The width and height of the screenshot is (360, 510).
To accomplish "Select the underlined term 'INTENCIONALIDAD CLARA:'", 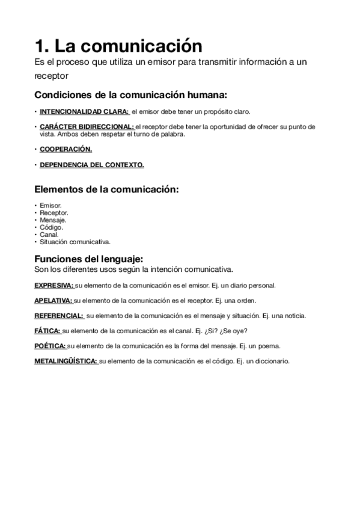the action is pyautogui.click(x=85, y=112).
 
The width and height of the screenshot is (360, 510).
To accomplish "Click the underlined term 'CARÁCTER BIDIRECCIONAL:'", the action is pyautogui.click(x=87, y=127).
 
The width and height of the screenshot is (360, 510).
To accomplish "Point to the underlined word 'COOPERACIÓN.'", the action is pyautogui.click(x=66, y=149).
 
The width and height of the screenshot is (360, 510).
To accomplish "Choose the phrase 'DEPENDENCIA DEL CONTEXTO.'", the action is pyautogui.click(x=92, y=165).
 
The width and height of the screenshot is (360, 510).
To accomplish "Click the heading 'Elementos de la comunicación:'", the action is pyautogui.click(x=107, y=189).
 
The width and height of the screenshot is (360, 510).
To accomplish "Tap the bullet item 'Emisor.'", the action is pyautogui.click(x=50, y=205).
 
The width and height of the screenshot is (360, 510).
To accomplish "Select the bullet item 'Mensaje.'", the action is pyautogui.click(x=53, y=220).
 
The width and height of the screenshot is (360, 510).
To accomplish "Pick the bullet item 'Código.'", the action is pyautogui.click(x=51, y=227).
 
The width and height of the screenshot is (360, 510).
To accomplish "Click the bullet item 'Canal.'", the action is pyautogui.click(x=49, y=235).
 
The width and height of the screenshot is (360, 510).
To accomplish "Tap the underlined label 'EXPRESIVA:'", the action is pyautogui.click(x=54, y=286).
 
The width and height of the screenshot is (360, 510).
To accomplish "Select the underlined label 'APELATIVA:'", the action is pyautogui.click(x=53, y=301).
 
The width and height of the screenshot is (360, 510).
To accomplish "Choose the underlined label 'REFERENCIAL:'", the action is pyautogui.click(x=59, y=316).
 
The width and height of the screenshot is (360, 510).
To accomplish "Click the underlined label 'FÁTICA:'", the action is pyautogui.click(x=47, y=331).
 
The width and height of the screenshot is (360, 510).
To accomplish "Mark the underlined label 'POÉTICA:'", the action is pyautogui.click(x=50, y=346).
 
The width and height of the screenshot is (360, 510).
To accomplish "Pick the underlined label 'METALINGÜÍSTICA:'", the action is pyautogui.click(x=66, y=361).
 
